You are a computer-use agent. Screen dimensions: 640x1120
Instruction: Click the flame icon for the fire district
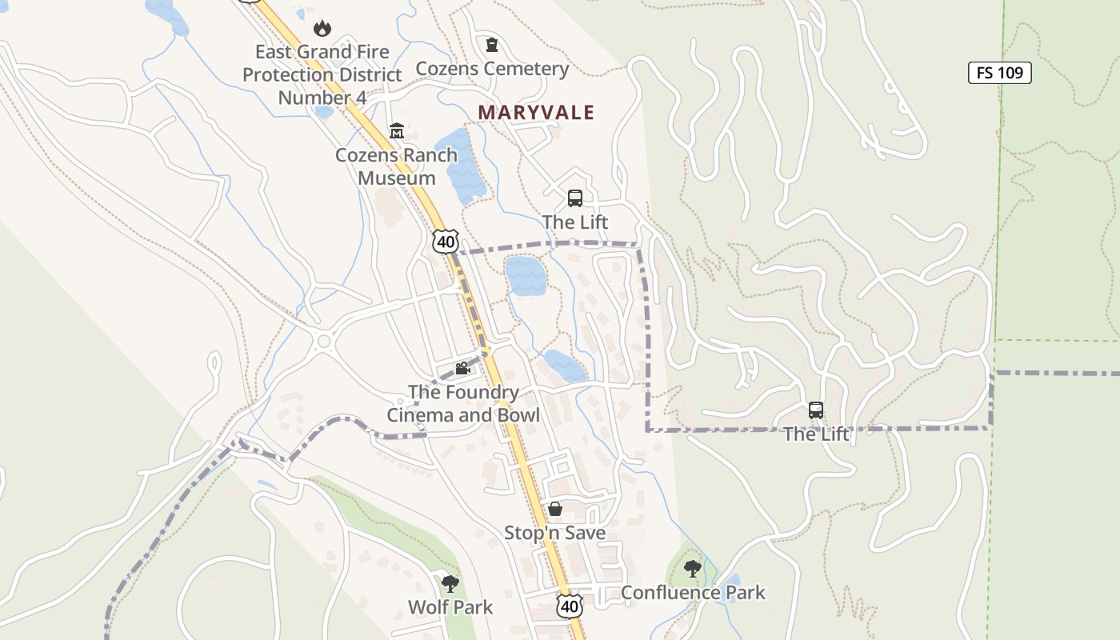tap(322, 29)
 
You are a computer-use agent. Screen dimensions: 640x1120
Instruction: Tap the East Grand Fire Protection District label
tap(322, 74)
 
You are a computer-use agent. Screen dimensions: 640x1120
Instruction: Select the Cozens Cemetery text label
tap(492, 69)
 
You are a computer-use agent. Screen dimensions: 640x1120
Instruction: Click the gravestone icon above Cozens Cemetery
tap(492, 45)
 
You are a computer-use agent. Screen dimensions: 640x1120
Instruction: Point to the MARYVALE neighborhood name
tap(536, 113)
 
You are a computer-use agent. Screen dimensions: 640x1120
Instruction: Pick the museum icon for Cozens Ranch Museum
tap(397, 130)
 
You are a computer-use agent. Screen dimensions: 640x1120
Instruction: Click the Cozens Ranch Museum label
tap(396, 166)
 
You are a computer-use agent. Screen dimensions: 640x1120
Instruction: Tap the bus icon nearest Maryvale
tap(574, 198)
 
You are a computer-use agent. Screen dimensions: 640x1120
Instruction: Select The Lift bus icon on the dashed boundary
tap(816, 410)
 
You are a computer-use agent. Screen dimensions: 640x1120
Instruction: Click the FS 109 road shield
tap(999, 73)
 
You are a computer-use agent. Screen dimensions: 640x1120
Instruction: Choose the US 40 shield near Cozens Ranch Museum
tap(446, 241)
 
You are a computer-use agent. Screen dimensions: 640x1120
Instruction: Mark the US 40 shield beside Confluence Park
tap(569, 606)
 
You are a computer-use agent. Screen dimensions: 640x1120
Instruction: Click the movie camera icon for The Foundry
tap(462, 368)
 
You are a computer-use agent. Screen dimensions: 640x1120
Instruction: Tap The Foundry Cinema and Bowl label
tap(463, 403)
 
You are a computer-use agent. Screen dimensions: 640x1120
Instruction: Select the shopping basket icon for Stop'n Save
tap(554, 509)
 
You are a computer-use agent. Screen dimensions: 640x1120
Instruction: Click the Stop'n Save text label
tap(554, 533)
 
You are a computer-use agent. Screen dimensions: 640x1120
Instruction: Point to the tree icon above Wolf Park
tap(450, 583)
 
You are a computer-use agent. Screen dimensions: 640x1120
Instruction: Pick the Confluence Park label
tap(693, 593)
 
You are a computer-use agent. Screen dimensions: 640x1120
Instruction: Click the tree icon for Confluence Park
tap(693, 569)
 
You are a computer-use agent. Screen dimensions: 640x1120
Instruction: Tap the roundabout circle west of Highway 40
tap(324, 342)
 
